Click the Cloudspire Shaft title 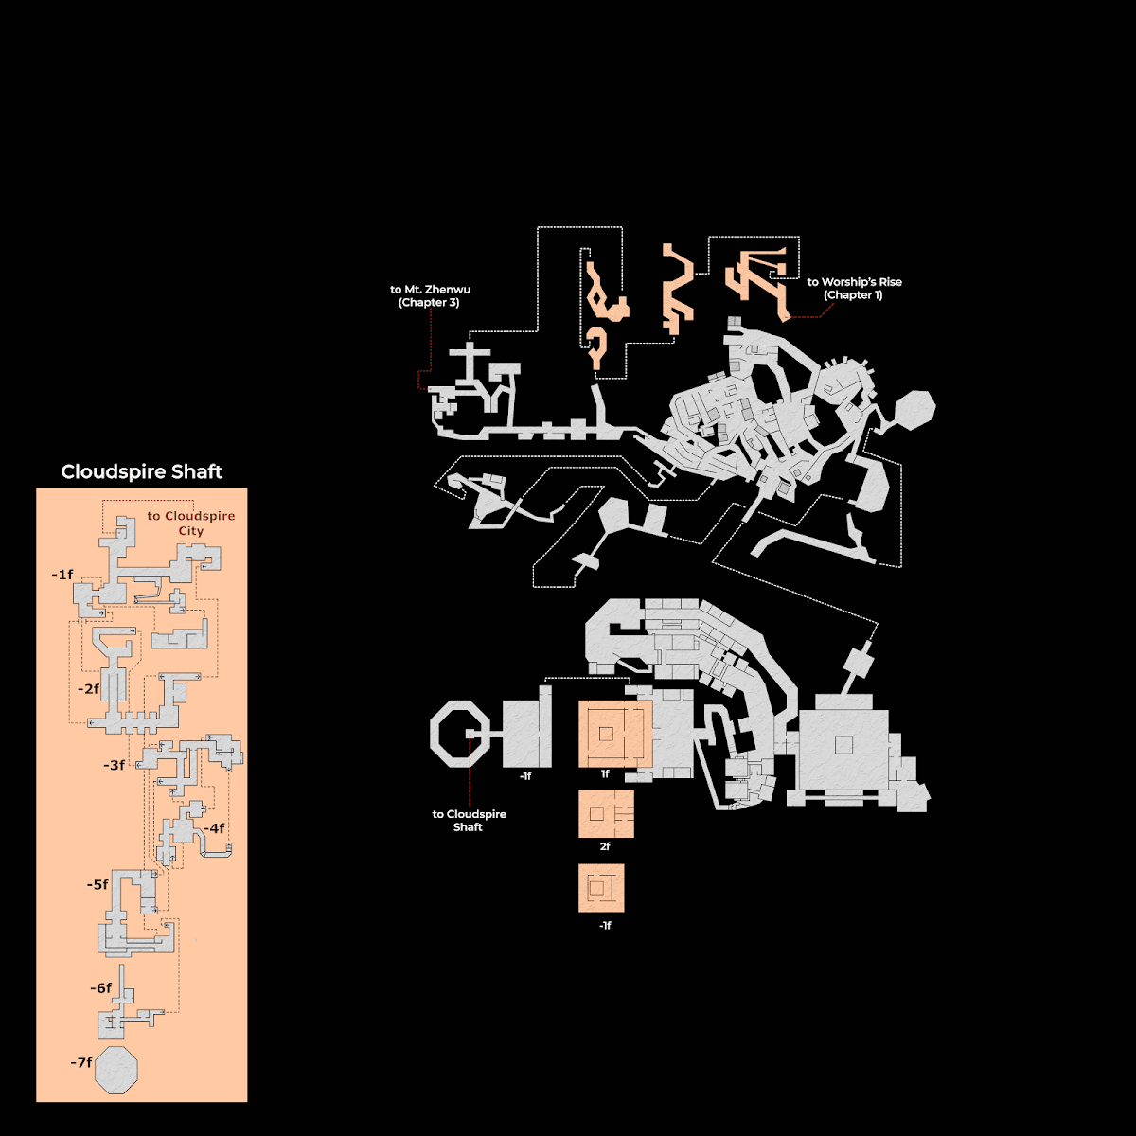(141, 471)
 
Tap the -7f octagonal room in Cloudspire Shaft (116, 1070)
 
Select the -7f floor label (81, 1062)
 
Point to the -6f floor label (100, 988)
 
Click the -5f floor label (98, 885)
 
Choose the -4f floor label (214, 828)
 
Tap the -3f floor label (115, 765)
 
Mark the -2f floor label (88, 689)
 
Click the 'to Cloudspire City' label (191, 523)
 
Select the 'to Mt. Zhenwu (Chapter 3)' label (430, 296)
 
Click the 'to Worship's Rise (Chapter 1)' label (854, 289)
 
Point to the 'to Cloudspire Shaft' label (469, 821)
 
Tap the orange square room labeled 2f (606, 813)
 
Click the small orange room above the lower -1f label (601, 888)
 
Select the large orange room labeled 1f (615, 734)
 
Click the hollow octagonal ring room (437, 734)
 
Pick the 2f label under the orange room (605, 846)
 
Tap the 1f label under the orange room (605, 774)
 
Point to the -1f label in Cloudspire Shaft (62, 575)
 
